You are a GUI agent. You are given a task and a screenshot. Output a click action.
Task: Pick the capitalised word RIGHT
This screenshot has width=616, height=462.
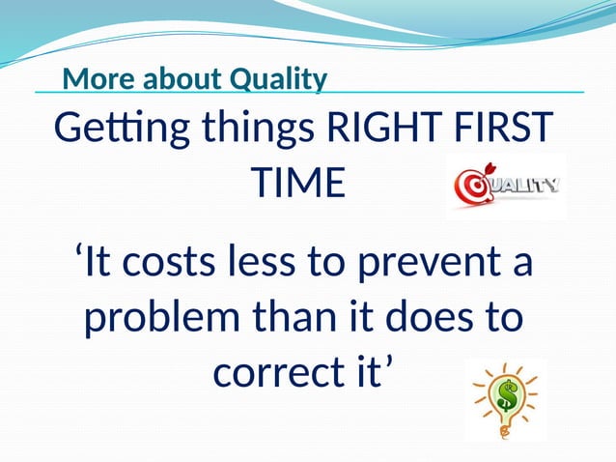(x=387, y=129)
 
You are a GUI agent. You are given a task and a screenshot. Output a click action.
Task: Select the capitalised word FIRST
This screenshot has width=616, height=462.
(x=507, y=129)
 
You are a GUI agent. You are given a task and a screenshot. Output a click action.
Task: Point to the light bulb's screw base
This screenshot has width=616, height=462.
(x=503, y=427)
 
